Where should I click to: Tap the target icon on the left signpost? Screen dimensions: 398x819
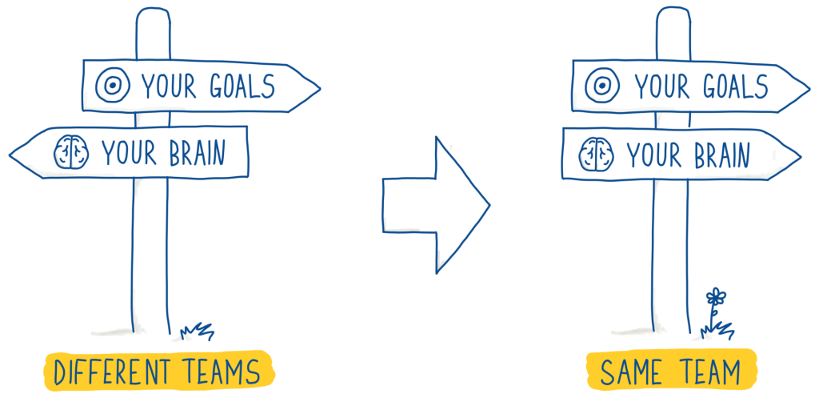pyautogui.click(x=112, y=83)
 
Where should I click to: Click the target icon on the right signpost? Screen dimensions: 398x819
pyautogui.click(x=601, y=84)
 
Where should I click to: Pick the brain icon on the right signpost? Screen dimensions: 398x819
pyautogui.click(x=596, y=152)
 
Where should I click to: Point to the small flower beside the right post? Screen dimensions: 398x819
pyautogui.click(x=714, y=298)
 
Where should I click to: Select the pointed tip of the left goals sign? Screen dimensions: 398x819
pyautogui.click(x=318, y=87)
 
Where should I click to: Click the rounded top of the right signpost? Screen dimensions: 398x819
pyautogui.click(x=673, y=14)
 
